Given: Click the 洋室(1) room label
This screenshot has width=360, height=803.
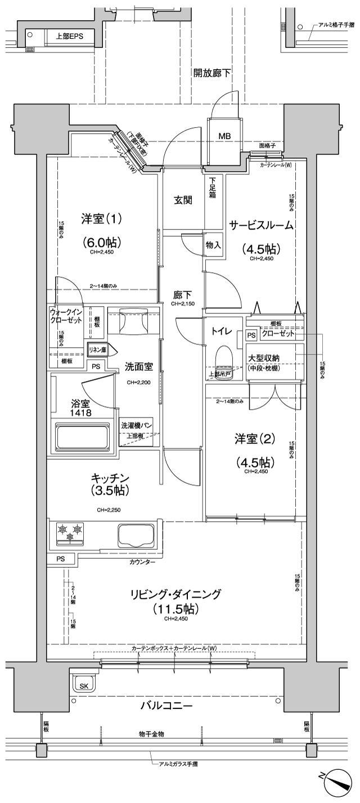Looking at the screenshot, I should point(102,218).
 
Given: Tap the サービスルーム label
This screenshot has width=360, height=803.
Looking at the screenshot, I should point(260,225).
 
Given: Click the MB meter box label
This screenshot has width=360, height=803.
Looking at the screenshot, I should point(224,136).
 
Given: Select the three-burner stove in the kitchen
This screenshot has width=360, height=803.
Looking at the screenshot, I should point(70,532).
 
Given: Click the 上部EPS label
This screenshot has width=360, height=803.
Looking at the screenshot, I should point(69,36).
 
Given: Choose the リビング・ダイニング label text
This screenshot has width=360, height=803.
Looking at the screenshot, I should point(176,594).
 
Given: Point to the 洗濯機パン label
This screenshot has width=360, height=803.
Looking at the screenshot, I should point(137,425).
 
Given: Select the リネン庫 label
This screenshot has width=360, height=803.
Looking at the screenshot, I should point(97,350).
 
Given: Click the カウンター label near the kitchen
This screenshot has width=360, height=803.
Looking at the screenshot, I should point(142,562).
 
